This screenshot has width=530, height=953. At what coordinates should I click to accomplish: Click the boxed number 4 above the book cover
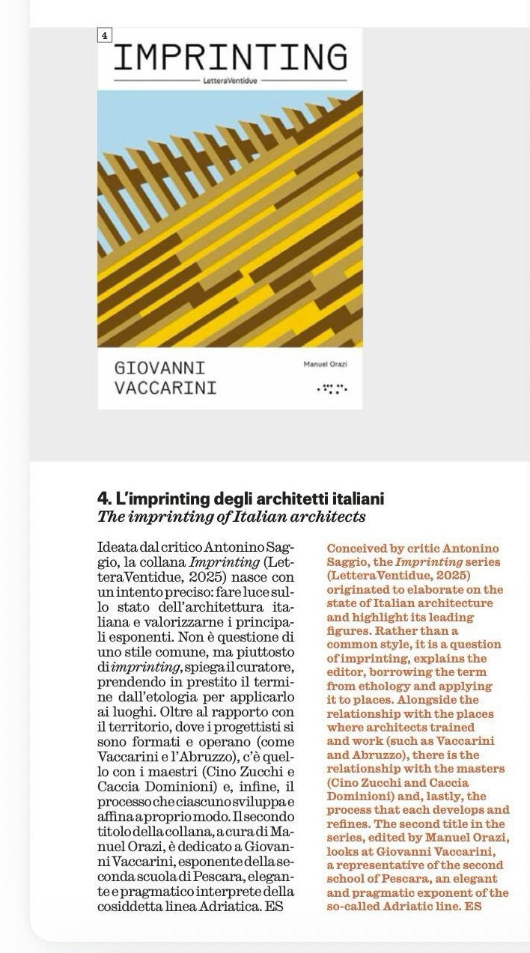[104, 35]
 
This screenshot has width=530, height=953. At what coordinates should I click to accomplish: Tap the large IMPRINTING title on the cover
[231, 58]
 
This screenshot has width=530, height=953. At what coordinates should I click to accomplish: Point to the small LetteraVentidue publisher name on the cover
[231, 79]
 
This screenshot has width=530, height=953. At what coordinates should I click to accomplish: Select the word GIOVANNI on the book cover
[159, 368]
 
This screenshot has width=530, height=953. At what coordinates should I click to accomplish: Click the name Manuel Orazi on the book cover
[326, 364]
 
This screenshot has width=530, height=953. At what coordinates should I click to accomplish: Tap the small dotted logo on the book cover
[332, 389]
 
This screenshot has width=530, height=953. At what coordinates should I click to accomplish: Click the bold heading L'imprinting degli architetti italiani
[241, 499]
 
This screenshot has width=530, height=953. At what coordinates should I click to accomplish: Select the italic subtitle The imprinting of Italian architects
[231, 517]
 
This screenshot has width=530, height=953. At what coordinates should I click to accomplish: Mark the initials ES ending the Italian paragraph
[275, 907]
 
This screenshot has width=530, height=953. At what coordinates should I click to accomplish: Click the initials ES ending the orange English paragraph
[472, 907]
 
